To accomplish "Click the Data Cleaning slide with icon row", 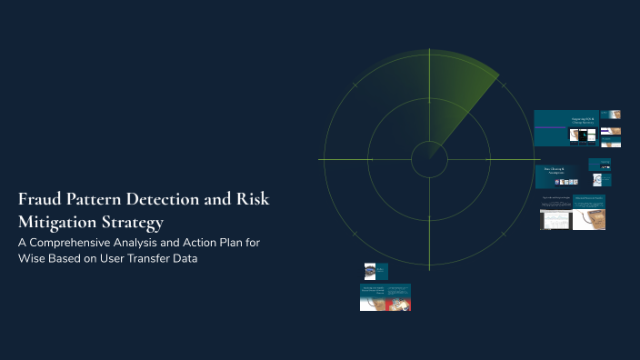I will pos(556,177).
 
